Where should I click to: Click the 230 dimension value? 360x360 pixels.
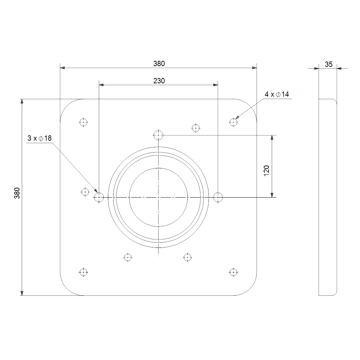click(x=159, y=81)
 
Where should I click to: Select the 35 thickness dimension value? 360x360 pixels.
click(x=329, y=64)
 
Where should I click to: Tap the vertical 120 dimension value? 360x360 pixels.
click(x=266, y=171)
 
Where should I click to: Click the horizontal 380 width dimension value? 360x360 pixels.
click(x=159, y=64)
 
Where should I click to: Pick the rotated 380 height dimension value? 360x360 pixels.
click(x=17, y=193)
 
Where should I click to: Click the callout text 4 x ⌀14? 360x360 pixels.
click(x=277, y=94)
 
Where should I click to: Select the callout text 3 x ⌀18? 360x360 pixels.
click(x=39, y=138)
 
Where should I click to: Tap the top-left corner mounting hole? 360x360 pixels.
click(x=83, y=122)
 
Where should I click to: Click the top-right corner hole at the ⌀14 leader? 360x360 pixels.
click(x=233, y=122)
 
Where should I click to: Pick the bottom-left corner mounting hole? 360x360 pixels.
click(x=83, y=272)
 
